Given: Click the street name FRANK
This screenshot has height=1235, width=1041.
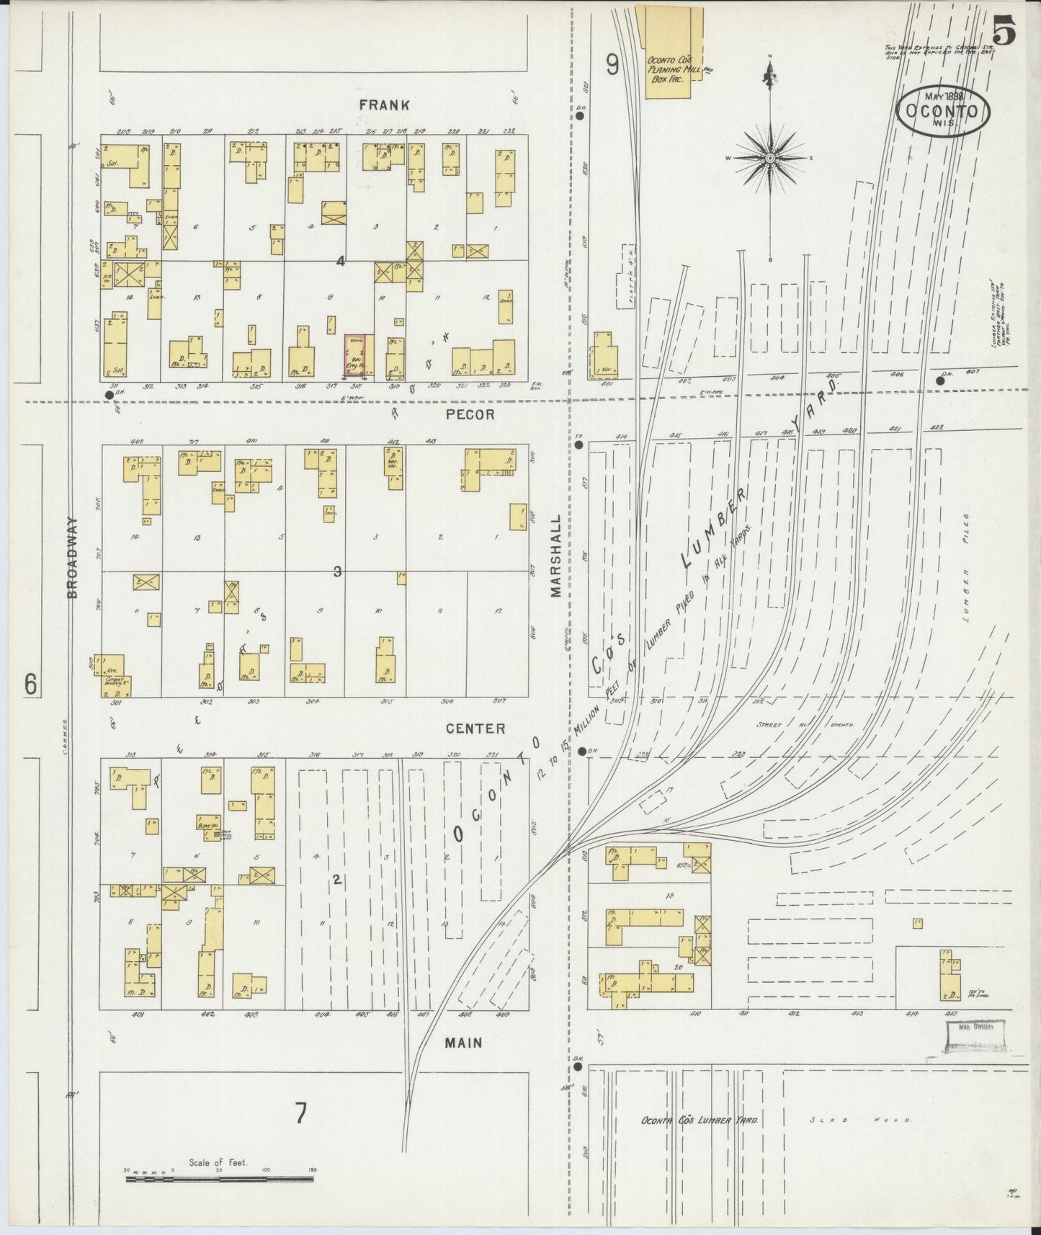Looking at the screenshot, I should (x=385, y=105).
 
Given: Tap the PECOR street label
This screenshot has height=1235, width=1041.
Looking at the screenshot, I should (x=470, y=414).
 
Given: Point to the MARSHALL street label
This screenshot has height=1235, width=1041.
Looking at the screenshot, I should (x=555, y=556).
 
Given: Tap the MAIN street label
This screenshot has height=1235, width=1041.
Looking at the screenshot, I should (x=463, y=1042).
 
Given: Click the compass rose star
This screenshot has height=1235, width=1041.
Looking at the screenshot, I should (x=769, y=158).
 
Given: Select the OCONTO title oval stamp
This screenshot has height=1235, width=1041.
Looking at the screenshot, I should (x=944, y=112).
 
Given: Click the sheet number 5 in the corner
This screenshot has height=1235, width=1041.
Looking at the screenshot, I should (x=1004, y=33).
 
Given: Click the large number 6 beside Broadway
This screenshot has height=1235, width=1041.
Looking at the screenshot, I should (x=30, y=683).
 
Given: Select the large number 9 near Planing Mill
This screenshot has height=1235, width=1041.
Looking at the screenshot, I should (x=612, y=66).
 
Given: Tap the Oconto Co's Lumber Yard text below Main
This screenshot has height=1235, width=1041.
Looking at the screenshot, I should (x=699, y=1141).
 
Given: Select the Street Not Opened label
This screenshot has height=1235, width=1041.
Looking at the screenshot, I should (x=804, y=725).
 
